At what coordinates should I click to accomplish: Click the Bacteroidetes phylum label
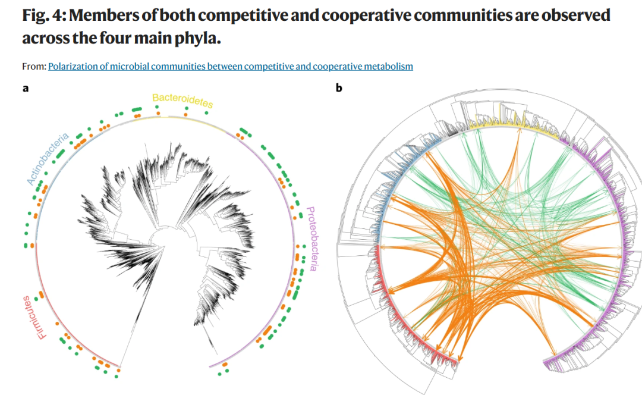[182, 101]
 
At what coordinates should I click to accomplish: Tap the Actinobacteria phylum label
[48, 159]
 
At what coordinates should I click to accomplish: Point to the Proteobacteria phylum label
[311, 239]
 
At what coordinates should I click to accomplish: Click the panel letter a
[26, 88]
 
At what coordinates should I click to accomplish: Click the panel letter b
[339, 87]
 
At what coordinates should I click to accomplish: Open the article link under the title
[231, 67]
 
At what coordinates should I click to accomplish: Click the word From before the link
[34, 67]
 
